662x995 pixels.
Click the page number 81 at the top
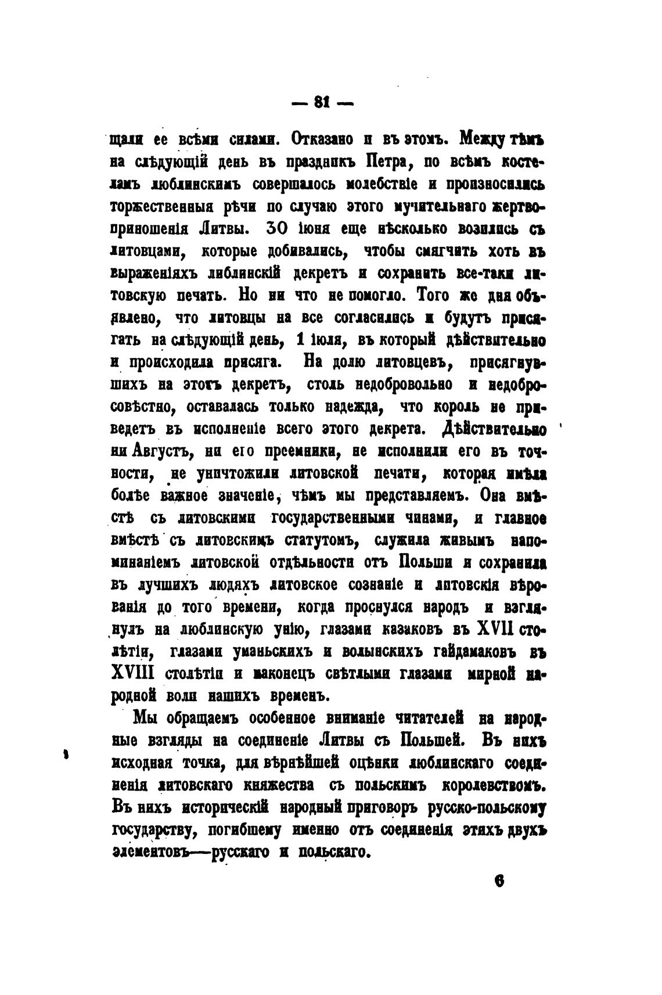point(322,102)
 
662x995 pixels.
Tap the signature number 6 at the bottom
point(498,881)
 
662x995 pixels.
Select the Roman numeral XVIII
point(131,674)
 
